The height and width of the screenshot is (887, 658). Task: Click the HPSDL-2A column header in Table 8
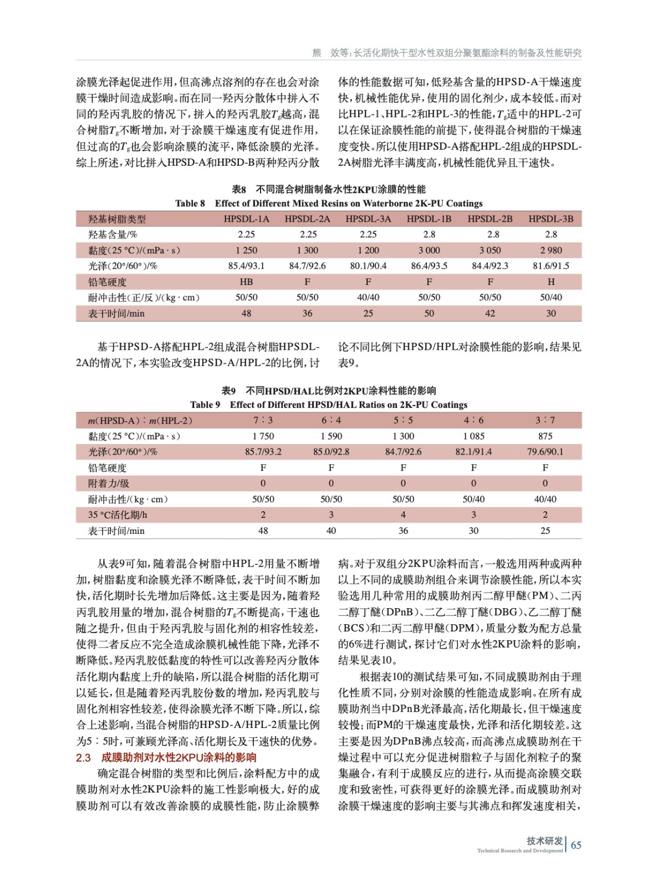[x=307, y=219]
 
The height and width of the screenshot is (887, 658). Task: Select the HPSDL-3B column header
[x=550, y=219]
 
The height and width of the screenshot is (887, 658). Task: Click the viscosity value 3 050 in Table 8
[x=490, y=251]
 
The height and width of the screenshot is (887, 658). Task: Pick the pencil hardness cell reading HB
[x=246, y=282]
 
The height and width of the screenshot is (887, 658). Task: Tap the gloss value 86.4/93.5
[x=429, y=266]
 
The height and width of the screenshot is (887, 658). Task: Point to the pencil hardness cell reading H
[x=550, y=282]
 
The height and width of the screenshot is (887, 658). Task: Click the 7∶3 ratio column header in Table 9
[x=263, y=421]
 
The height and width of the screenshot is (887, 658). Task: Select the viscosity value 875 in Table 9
[x=545, y=436]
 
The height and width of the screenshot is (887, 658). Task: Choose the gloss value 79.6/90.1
[x=545, y=452]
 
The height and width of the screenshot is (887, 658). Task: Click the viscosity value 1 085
[x=473, y=436]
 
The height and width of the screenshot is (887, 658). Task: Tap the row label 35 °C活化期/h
[x=118, y=515]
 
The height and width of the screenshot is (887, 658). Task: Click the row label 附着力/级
[x=109, y=483]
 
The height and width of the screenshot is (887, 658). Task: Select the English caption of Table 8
[x=329, y=203]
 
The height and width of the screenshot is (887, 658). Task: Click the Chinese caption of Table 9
[x=329, y=391]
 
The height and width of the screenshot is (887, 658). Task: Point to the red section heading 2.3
[x=166, y=758]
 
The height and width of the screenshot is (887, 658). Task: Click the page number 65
[x=576, y=845]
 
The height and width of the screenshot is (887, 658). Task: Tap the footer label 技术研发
[x=544, y=841]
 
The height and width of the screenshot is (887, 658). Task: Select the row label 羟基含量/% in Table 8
[x=113, y=235]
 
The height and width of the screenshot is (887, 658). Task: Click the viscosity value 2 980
[x=550, y=251]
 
